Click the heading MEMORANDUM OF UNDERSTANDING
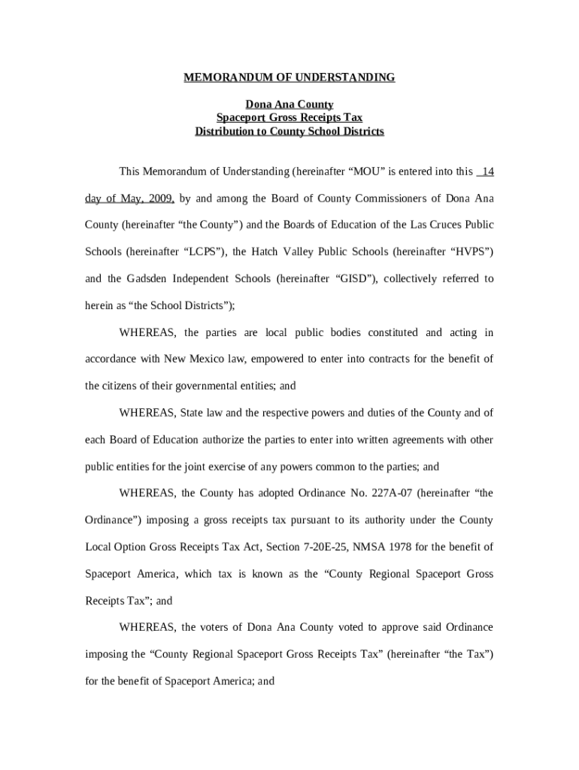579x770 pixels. point(289,77)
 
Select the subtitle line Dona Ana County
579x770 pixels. point(289,105)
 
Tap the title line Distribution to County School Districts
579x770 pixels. point(289,132)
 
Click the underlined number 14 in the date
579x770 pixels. point(487,171)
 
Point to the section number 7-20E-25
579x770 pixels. point(356,547)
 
